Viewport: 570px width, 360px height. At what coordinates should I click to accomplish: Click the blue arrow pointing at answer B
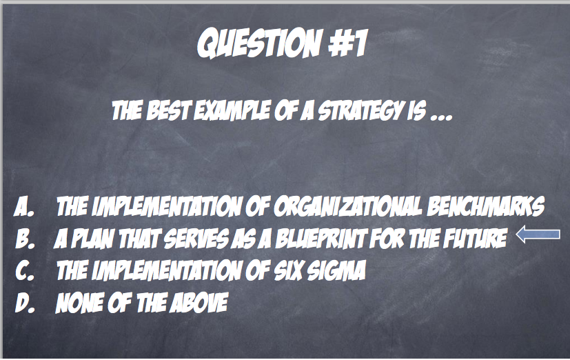(538, 234)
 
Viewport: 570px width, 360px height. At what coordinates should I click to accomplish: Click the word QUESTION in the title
(260, 43)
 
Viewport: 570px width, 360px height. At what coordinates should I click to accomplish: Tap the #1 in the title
(348, 43)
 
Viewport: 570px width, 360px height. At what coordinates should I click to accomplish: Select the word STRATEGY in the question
(360, 110)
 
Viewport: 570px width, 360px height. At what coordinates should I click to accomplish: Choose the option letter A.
(24, 207)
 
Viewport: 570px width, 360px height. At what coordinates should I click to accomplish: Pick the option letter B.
(25, 239)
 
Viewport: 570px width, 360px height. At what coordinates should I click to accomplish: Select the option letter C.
(25, 271)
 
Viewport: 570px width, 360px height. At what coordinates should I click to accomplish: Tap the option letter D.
(25, 303)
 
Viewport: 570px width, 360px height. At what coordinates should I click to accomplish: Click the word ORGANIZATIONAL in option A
(348, 206)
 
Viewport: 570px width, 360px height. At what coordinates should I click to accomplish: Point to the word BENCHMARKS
(486, 206)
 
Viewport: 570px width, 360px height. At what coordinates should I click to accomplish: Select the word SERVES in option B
(196, 239)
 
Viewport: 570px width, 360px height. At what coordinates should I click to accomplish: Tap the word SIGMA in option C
(336, 270)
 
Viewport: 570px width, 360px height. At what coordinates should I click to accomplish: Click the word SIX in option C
(288, 270)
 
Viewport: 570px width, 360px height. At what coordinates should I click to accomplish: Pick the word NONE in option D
(79, 303)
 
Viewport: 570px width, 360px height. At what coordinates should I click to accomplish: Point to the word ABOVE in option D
(199, 303)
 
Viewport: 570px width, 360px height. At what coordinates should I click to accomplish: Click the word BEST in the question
(168, 110)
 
